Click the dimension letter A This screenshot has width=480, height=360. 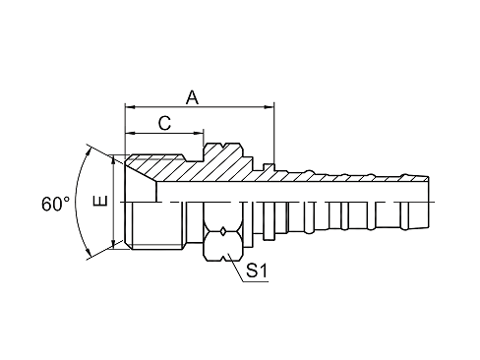tap(192, 97)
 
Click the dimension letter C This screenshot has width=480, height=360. tap(164, 124)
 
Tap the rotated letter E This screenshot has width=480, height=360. tap(100, 201)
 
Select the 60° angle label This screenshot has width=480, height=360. tap(56, 204)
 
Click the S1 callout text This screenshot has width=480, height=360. tap(257, 270)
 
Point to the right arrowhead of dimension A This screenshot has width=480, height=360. tap(270, 106)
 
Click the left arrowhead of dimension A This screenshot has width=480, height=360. tap(130, 106)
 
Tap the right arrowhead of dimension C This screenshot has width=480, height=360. tap(199, 133)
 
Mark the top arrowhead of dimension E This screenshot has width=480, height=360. tap(113, 159)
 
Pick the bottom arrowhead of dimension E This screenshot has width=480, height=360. tap(113, 245)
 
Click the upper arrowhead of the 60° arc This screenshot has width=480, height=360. tap(89, 151)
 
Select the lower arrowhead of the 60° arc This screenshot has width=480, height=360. tap(89, 253)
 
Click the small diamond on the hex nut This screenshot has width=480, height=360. tap(223, 231)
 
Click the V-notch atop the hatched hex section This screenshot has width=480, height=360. tap(223, 145)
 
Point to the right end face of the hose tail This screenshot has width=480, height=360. tap(429, 203)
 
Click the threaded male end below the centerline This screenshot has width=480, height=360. tap(157, 226)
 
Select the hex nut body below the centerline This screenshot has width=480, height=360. tap(223, 231)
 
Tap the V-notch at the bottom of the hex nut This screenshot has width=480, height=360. tap(223, 259)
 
